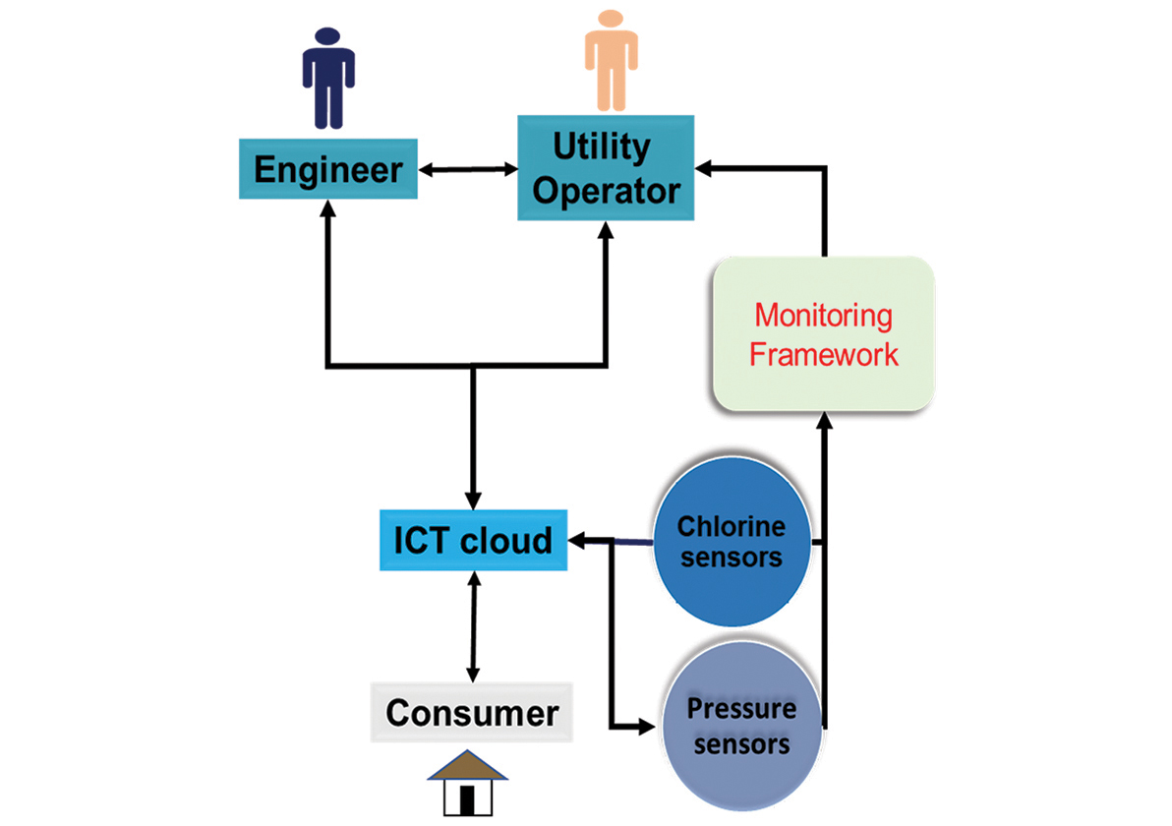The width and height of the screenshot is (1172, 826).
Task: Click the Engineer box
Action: click(x=327, y=169)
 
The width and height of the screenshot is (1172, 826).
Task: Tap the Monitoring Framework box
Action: click(x=823, y=334)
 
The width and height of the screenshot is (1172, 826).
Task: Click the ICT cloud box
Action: click(x=473, y=540)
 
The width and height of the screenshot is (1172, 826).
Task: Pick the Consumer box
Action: click(x=472, y=712)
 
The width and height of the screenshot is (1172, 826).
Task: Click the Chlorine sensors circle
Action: click(x=732, y=542)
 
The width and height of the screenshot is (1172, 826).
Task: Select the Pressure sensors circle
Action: click(x=741, y=725)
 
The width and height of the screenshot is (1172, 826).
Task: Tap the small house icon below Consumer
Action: click(x=468, y=781)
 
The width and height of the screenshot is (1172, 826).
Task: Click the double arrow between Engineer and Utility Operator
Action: click(x=468, y=169)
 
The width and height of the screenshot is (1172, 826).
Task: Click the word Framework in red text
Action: click(x=824, y=353)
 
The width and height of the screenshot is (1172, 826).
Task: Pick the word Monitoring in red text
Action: click(x=824, y=317)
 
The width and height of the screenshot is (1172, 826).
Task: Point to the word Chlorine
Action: click(x=732, y=526)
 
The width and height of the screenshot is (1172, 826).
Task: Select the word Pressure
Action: click(x=741, y=708)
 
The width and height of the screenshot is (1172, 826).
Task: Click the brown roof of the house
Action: click(x=468, y=764)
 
